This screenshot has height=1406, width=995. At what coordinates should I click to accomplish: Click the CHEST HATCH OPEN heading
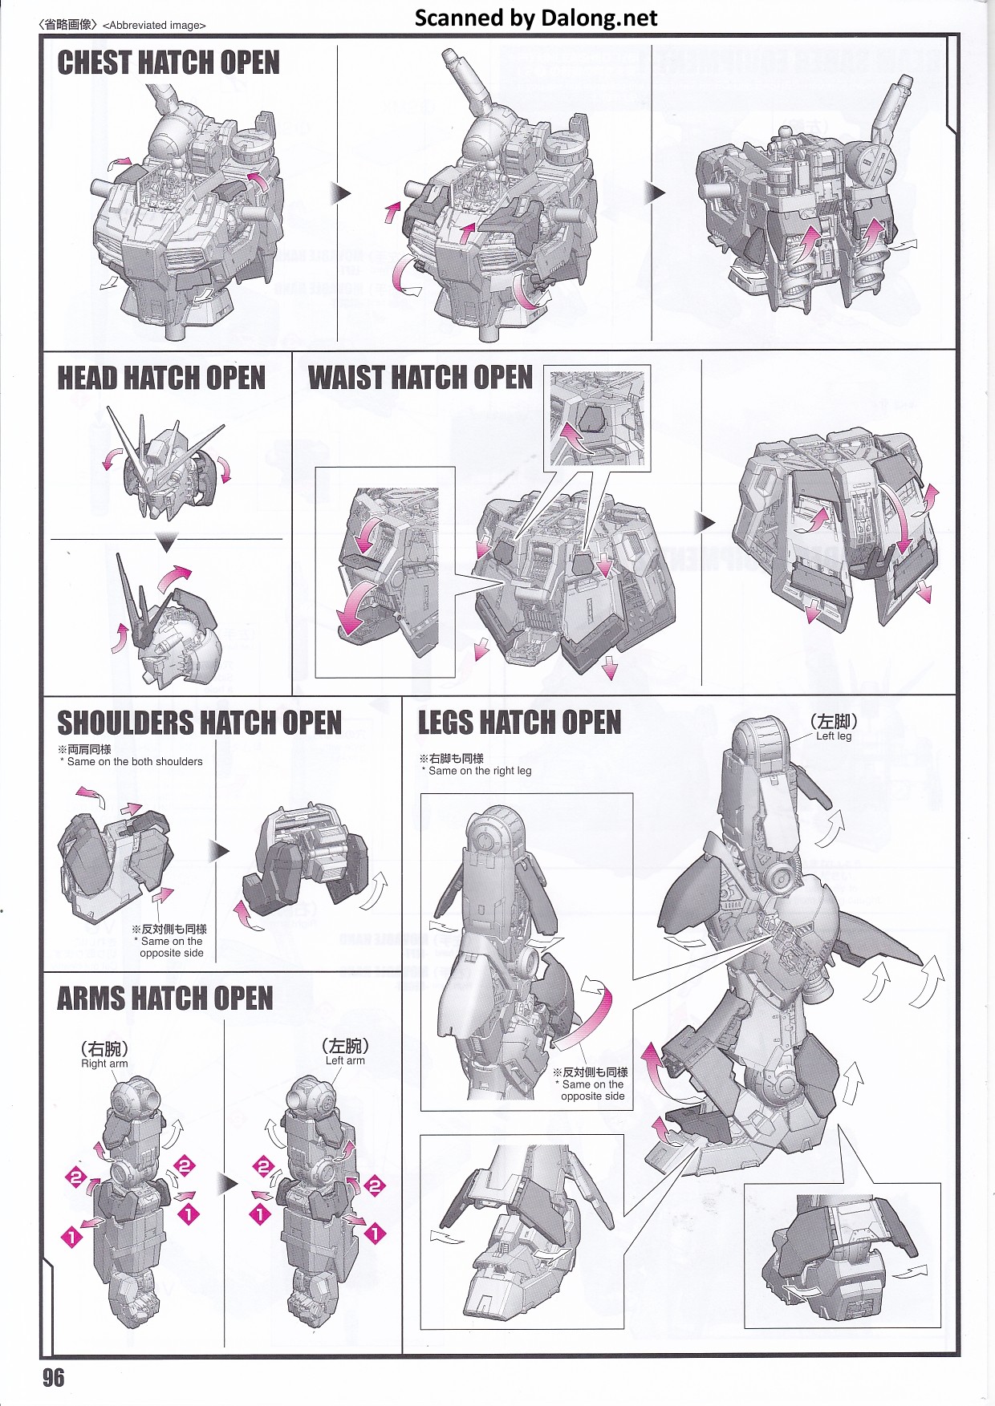(169, 63)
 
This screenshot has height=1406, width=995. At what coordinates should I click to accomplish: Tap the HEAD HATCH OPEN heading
(161, 378)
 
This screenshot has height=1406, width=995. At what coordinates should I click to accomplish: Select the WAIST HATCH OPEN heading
(420, 377)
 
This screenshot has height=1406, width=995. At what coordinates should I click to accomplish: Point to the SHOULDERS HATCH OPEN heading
(199, 723)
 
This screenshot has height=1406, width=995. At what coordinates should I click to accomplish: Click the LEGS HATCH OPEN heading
(520, 723)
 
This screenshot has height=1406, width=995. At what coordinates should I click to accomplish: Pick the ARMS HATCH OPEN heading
(165, 999)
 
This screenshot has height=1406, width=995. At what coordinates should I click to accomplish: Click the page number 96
(54, 1378)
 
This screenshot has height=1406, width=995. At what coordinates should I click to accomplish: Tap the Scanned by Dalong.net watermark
(536, 18)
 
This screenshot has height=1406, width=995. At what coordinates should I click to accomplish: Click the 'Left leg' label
(834, 735)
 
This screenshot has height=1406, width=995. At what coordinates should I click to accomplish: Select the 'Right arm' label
(104, 1064)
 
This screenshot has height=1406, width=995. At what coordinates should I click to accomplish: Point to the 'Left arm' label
(345, 1060)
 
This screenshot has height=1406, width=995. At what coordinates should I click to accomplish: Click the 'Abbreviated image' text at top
(155, 25)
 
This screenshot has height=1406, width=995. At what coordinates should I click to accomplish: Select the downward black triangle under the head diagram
(166, 545)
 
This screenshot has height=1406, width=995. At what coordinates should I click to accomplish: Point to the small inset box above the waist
(597, 419)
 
